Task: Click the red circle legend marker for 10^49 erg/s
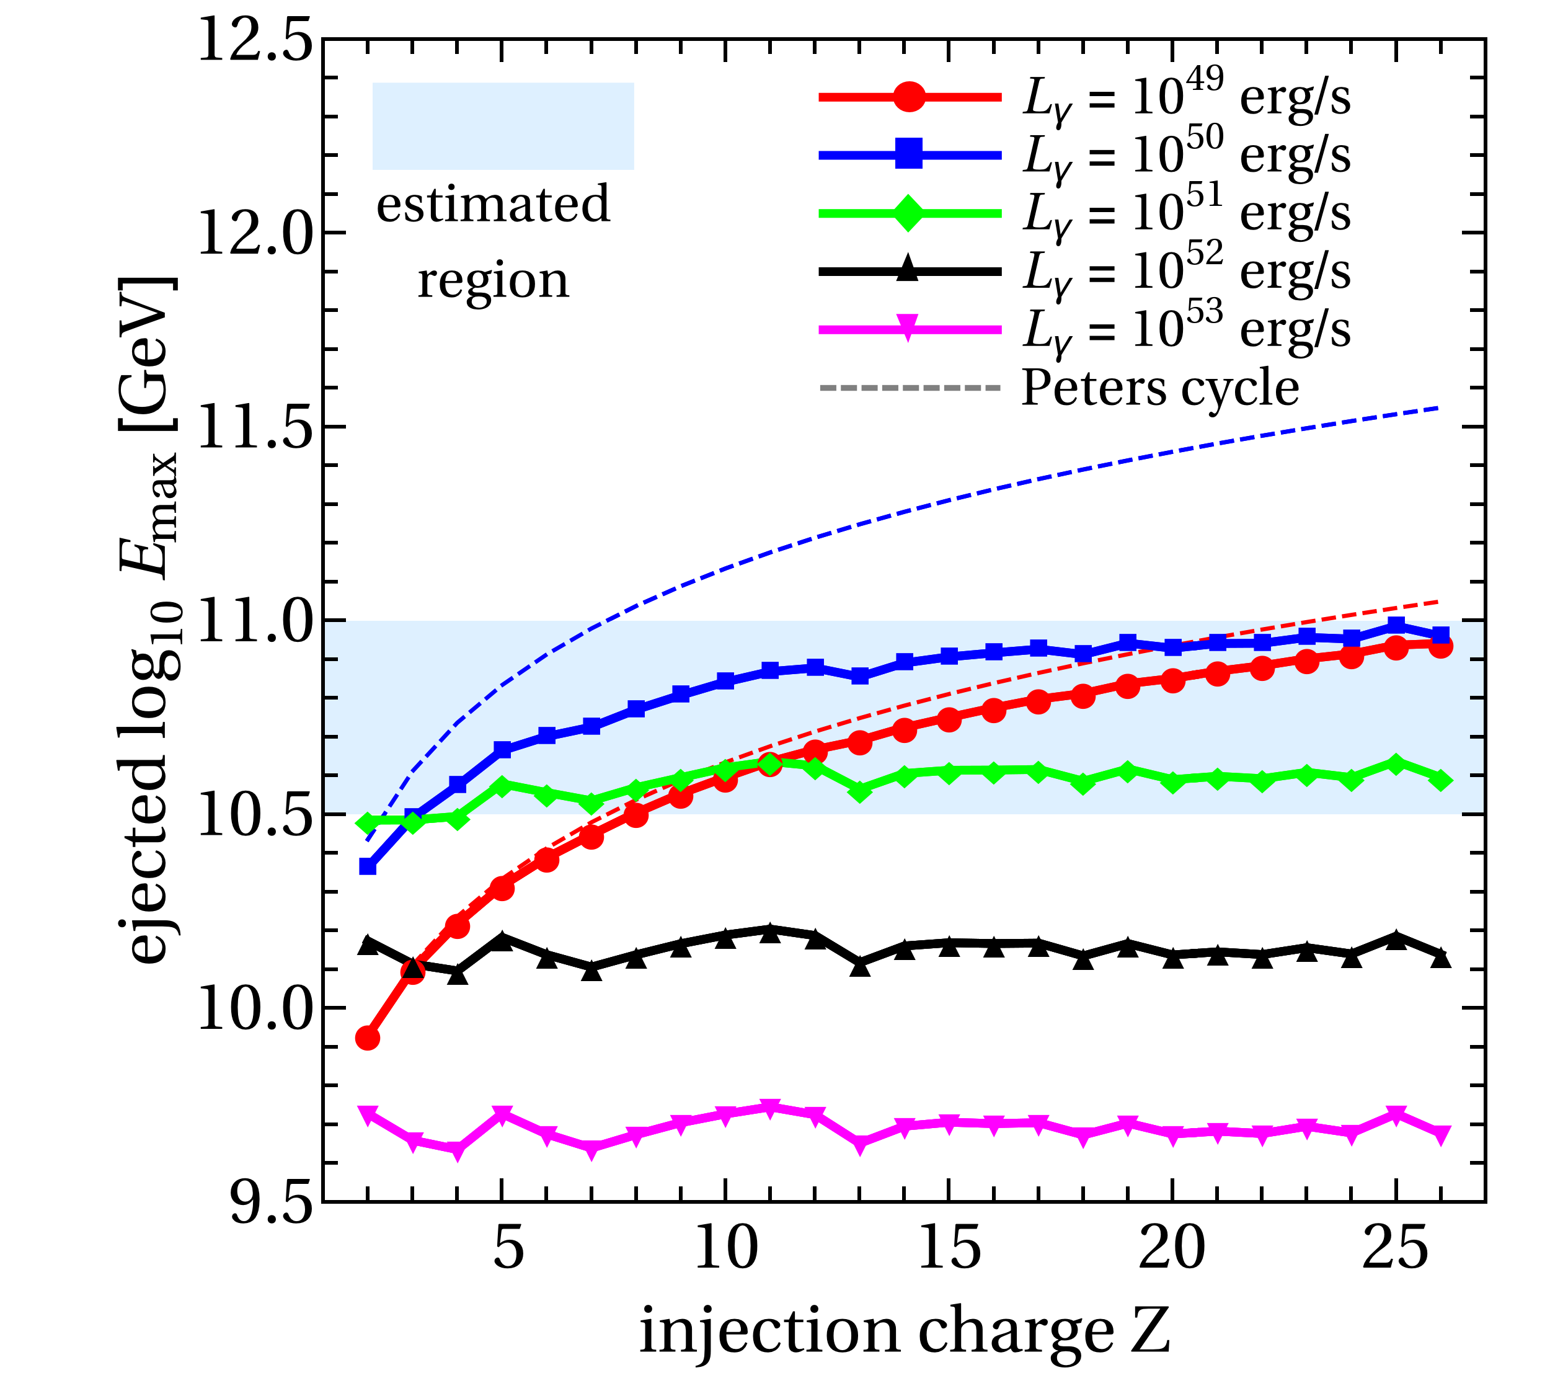click(910, 97)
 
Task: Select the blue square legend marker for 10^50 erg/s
click(910, 155)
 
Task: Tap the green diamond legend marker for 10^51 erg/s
click(910, 213)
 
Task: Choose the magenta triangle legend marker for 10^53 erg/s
click(910, 329)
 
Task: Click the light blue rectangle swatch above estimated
click(503, 126)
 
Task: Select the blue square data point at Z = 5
click(502, 749)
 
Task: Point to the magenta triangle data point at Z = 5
click(502, 1114)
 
